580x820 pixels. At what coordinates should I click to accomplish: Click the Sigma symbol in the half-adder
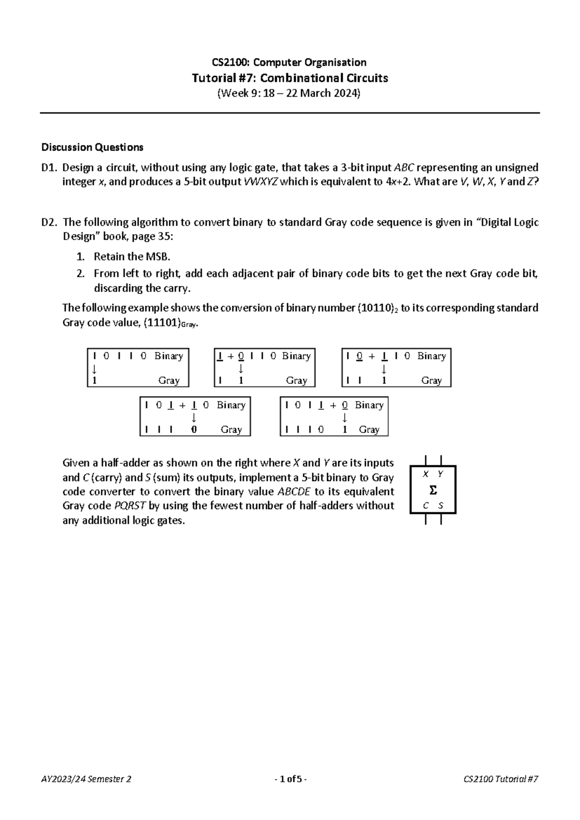(433, 491)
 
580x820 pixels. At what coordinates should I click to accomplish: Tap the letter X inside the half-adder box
(425, 474)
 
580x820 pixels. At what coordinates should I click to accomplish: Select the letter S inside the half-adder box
(441, 506)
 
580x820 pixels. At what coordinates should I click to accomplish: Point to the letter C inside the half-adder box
(425, 506)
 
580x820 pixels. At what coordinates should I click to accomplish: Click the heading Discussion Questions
(92, 147)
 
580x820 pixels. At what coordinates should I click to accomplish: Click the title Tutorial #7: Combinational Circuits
(290, 78)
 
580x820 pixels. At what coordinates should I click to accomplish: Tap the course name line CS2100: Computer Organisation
(290, 62)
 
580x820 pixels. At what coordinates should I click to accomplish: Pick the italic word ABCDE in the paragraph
(295, 492)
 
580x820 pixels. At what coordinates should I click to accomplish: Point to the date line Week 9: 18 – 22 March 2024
(290, 93)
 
